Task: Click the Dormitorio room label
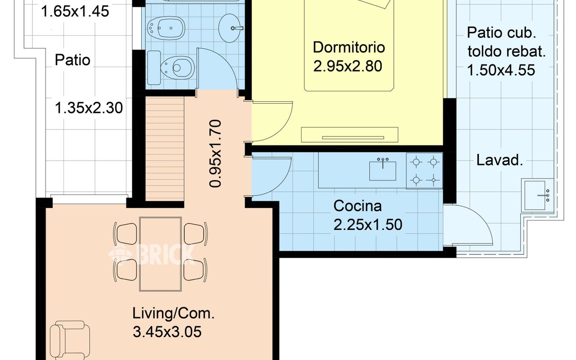point(349,48)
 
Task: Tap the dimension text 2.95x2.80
point(348,66)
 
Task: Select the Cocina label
point(357,206)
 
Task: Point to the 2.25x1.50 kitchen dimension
point(368,225)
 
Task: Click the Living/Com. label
point(173,314)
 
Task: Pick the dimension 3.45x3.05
point(167,332)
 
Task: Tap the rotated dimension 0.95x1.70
point(215,153)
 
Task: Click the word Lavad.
point(499,160)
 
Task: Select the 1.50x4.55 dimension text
point(501,70)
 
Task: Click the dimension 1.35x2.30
point(89,108)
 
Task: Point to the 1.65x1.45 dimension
point(75,12)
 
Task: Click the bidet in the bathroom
point(166,28)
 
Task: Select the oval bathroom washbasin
point(231,28)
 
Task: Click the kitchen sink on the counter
point(382,170)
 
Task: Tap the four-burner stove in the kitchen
point(424,171)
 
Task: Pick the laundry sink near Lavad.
point(537,195)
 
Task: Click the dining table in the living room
point(161,254)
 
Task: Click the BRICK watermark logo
point(152,254)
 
